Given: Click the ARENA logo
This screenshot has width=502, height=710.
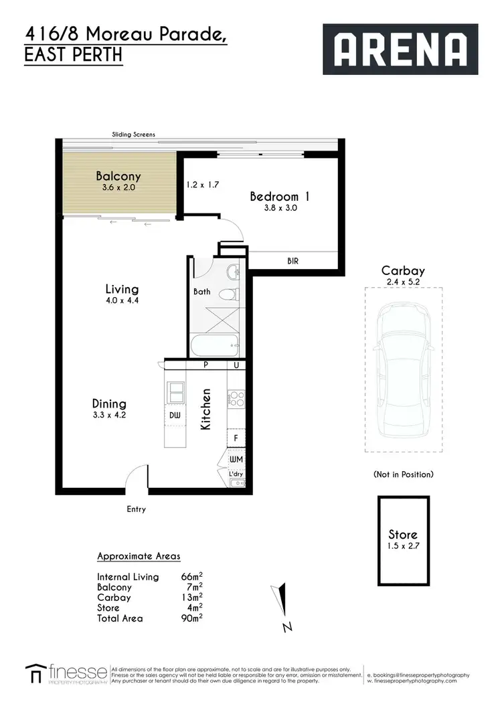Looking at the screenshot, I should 400,49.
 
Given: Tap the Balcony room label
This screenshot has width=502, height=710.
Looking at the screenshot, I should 118,177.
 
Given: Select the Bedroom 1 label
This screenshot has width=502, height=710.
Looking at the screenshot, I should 279,197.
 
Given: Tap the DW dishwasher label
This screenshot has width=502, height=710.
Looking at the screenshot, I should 175,416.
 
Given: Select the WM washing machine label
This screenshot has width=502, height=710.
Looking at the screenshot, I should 236,460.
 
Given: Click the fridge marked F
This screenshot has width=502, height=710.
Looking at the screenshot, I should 236,439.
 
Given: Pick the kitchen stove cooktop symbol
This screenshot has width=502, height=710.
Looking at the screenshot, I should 236,400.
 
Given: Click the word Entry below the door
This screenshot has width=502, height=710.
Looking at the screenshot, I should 137,509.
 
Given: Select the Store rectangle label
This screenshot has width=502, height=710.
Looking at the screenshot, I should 403,535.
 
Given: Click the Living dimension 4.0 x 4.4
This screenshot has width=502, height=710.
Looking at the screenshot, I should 122,300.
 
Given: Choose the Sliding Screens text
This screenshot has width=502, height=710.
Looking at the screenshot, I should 134,135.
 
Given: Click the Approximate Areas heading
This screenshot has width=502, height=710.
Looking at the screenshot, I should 139,557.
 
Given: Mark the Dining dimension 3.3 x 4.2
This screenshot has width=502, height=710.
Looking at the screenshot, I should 110,415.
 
